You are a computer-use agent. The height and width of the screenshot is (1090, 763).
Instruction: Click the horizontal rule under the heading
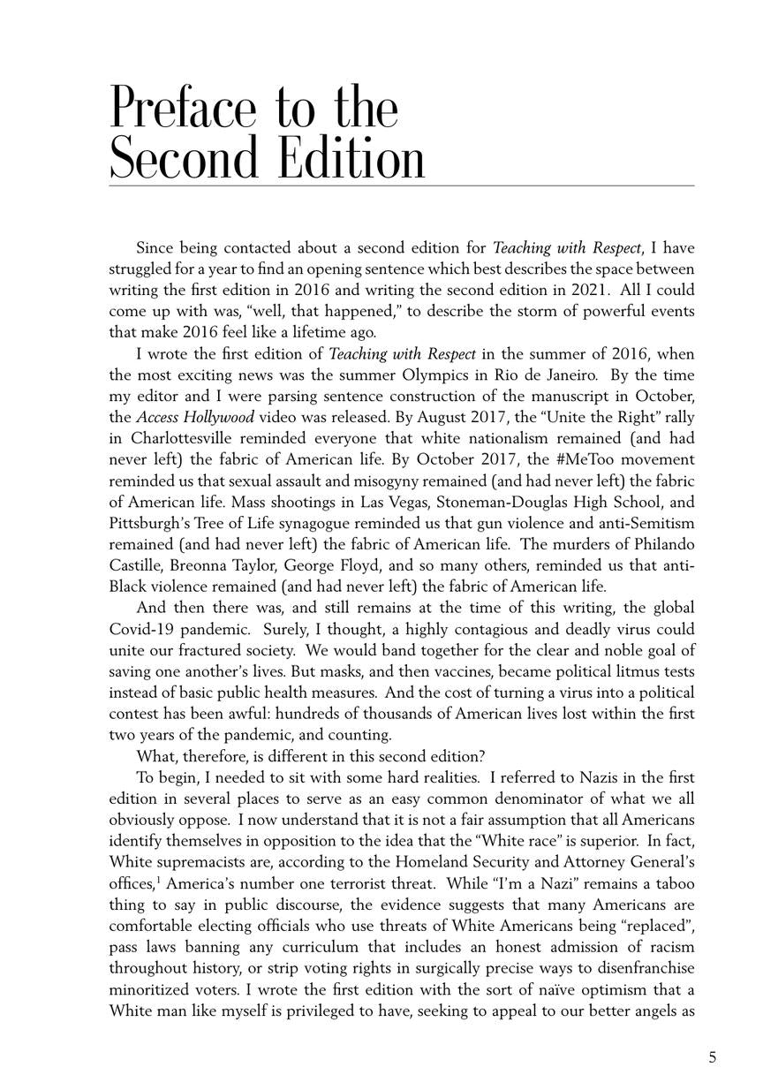click(402, 185)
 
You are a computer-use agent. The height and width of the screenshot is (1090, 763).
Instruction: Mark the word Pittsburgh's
click(152, 523)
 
